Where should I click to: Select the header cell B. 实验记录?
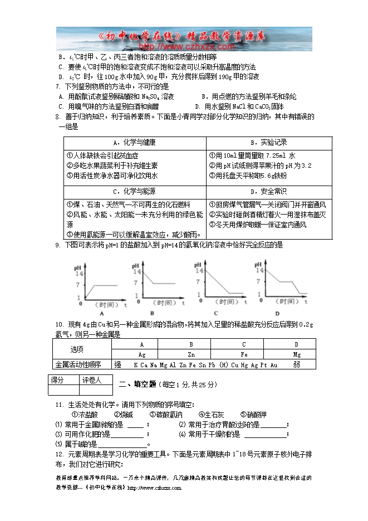pos(269,143)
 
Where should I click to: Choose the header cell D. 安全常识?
pos(269,192)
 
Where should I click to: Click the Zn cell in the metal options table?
pos(191,354)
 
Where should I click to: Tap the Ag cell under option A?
pos(142,354)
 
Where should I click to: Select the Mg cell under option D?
pos(297,354)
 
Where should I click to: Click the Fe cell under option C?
pos(244,354)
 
